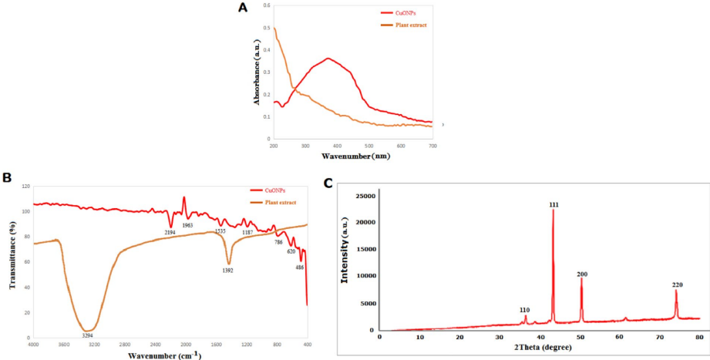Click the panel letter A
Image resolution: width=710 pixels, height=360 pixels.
(x=243, y=8)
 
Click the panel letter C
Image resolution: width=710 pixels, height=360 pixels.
(x=329, y=183)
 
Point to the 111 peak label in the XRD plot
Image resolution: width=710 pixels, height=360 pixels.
(x=554, y=204)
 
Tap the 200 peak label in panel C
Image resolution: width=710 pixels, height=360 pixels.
(x=582, y=274)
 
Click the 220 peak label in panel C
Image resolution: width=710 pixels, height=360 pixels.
(x=677, y=285)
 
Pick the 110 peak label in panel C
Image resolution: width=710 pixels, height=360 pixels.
(x=524, y=310)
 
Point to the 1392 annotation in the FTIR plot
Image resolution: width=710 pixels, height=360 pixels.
(x=227, y=271)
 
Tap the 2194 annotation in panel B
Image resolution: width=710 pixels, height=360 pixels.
(x=170, y=231)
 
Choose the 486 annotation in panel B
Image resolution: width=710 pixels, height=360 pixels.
(x=300, y=267)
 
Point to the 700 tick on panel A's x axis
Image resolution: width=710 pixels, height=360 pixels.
(x=432, y=145)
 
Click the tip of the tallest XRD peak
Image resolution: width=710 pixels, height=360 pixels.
(x=553, y=210)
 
